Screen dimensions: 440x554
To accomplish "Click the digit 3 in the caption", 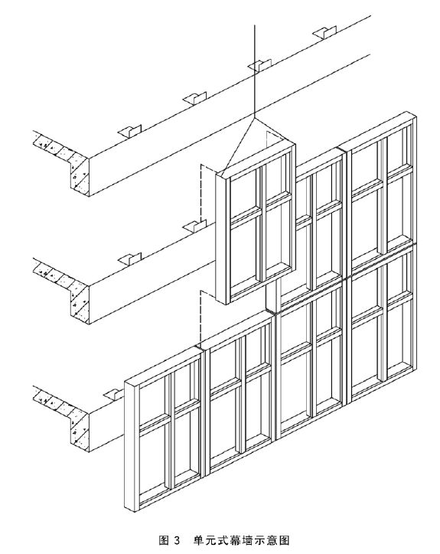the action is coord(177,540).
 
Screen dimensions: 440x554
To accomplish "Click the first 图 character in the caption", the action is coord(163,540).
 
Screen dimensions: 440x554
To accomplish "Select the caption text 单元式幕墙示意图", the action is coord(242,540).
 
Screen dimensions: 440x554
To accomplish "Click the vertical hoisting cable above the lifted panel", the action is coord(254,70).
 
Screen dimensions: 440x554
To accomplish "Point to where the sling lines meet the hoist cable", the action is coord(254,117).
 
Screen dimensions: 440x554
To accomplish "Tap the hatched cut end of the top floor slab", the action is coord(63,161).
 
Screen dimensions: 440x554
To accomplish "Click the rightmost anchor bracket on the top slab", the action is coord(324,32).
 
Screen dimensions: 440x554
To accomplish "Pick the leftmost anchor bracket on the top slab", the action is coord(129,131).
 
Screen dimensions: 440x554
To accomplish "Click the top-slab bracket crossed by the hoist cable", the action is coord(259,64).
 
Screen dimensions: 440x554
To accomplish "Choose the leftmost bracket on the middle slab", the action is coord(129,259).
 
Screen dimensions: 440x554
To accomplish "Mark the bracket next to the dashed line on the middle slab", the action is coord(194,226).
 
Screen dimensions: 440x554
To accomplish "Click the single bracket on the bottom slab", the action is coord(114,393).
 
